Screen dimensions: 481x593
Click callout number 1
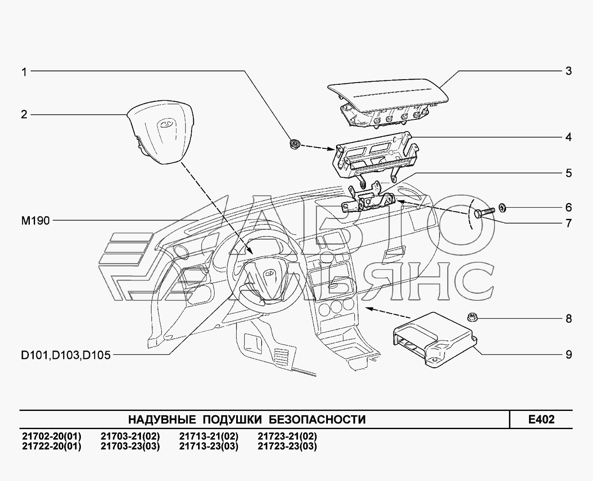click(x=24, y=72)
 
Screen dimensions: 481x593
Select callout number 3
click(x=568, y=71)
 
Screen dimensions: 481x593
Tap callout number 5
click(x=568, y=173)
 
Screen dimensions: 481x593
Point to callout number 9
click(x=568, y=355)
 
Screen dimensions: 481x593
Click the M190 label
click(x=35, y=221)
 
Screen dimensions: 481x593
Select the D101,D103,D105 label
click(x=65, y=356)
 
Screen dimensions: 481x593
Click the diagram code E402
click(x=541, y=419)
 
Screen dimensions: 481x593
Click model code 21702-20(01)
click(x=51, y=436)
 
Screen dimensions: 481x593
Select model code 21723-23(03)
click(x=287, y=446)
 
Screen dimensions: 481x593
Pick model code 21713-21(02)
click(x=208, y=436)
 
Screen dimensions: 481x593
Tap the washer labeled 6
click(x=503, y=207)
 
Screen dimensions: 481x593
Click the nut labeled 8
click(x=471, y=318)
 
